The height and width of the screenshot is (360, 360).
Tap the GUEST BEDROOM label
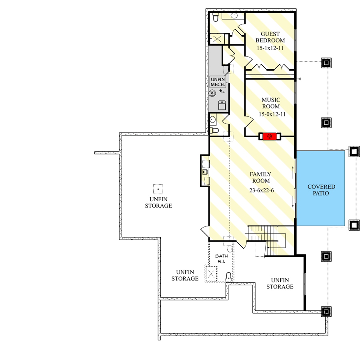coord(270,37)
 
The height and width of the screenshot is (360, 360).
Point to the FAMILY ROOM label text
coord(260,178)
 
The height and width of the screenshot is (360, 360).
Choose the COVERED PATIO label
coord(321,190)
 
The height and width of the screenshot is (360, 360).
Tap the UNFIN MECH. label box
coord(218,82)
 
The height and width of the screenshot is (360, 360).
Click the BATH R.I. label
coord(221,258)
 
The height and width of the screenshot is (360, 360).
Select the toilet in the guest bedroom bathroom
coord(215,17)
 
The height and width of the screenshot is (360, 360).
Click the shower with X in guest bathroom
coord(218,39)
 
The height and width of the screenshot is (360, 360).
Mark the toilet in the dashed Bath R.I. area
coord(228,276)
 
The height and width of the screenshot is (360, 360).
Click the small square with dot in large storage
coord(158,188)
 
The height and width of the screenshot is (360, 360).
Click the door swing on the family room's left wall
coord(204,232)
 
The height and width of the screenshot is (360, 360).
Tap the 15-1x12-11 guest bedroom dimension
coord(270,48)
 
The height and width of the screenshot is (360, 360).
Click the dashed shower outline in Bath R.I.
coord(211,274)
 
